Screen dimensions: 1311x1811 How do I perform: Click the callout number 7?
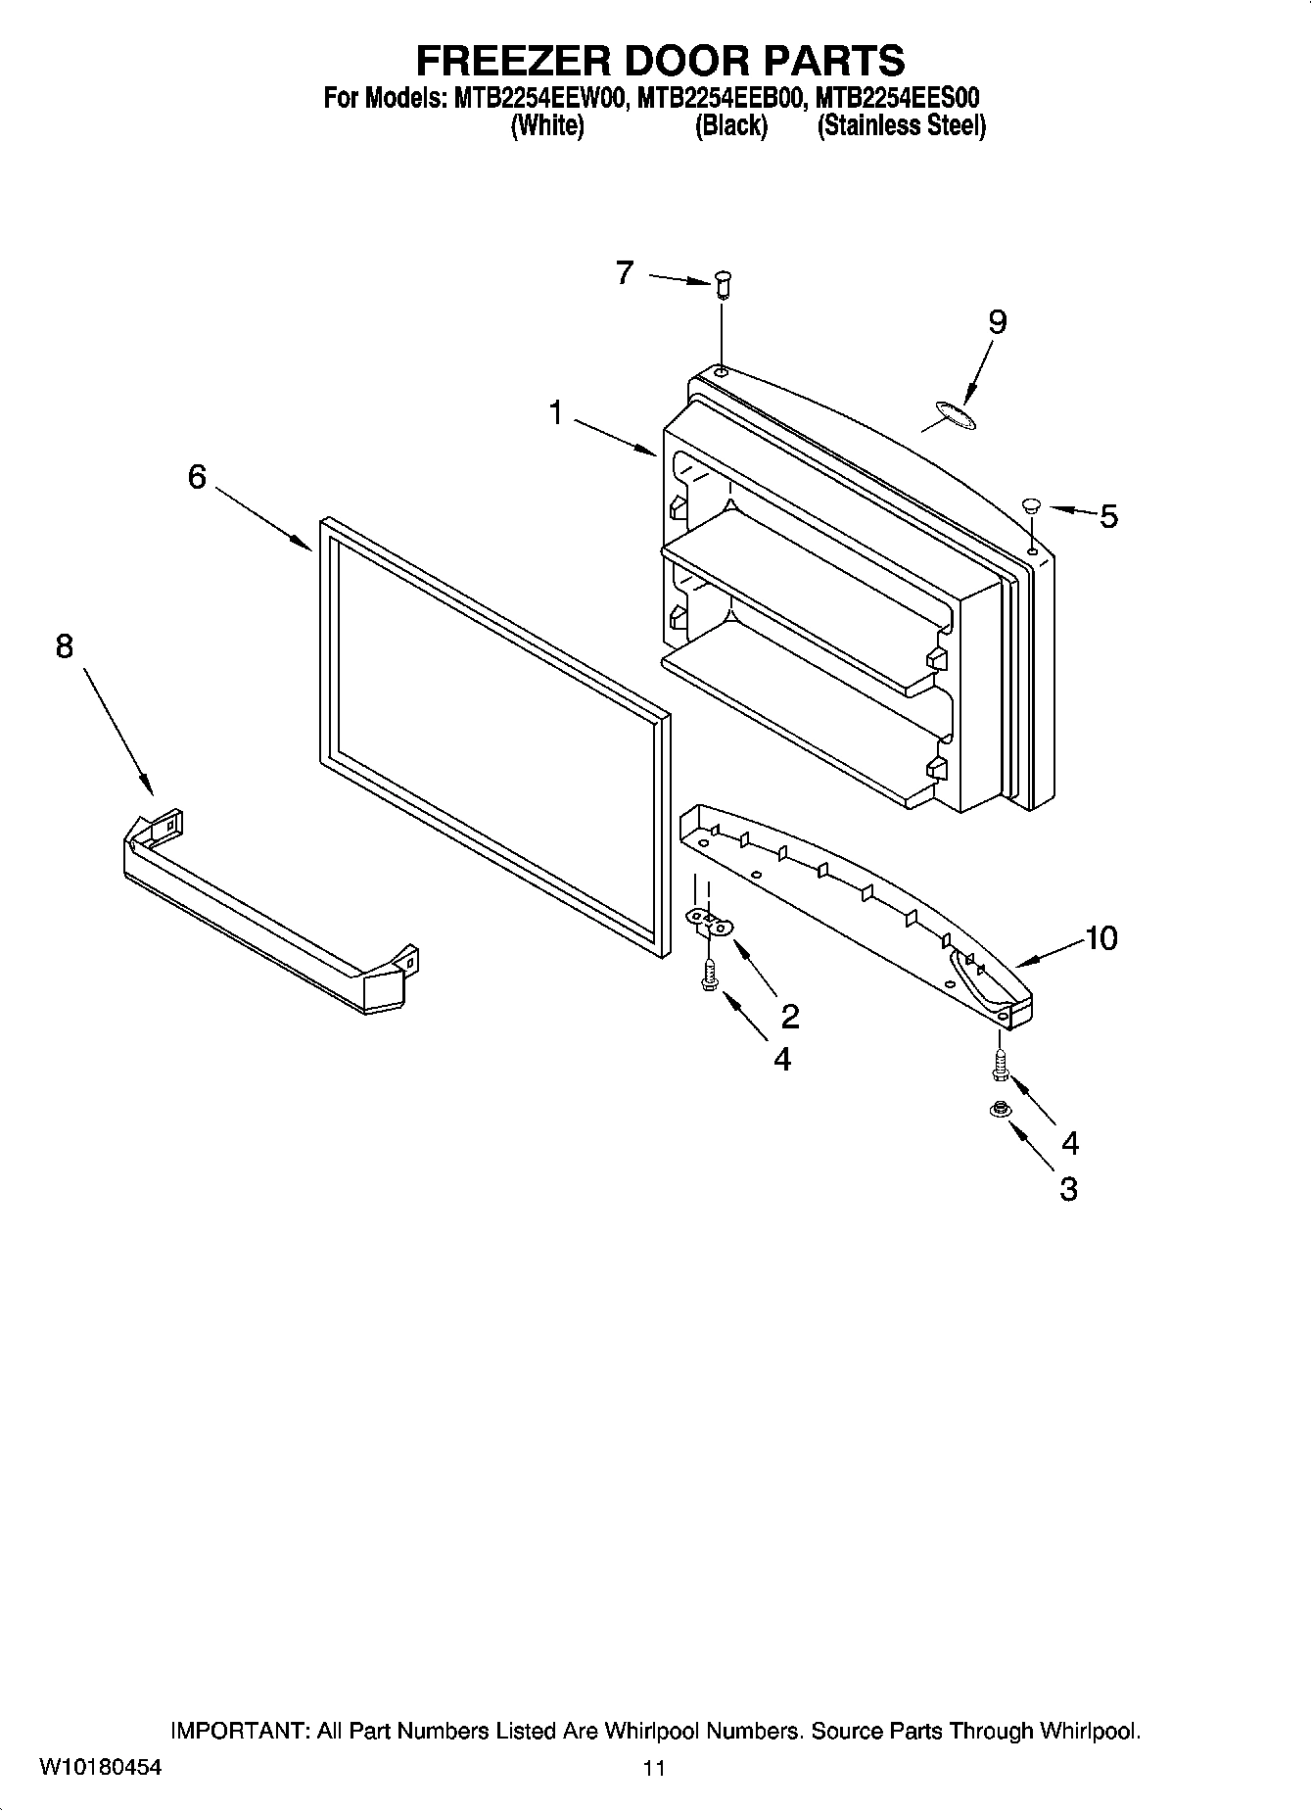(625, 272)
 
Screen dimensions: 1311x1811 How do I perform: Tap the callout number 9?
(997, 321)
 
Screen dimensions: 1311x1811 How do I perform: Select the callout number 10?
(1100, 938)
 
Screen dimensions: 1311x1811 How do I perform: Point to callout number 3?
(1068, 1189)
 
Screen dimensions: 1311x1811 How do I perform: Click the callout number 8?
(65, 646)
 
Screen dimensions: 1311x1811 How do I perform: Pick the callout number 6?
(197, 477)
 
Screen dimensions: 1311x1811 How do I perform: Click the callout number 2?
(790, 1017)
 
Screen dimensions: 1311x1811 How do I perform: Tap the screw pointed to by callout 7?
(723, 284)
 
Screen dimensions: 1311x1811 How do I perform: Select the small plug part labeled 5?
(1030, 505)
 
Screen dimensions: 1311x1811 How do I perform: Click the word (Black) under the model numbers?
(730, 126)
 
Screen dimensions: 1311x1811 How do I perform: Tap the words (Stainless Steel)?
(901, 126)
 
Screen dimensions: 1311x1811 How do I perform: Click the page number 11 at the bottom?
(654, 1768)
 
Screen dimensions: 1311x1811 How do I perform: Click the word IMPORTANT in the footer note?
(240, 1731)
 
